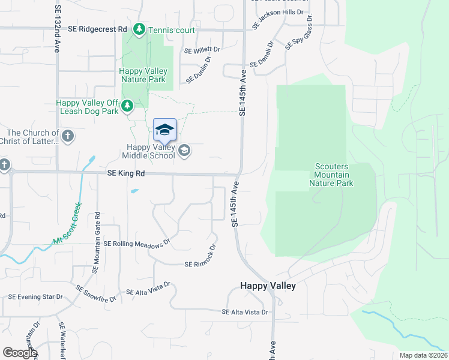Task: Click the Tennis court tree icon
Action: point(139,29)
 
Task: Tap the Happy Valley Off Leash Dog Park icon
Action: point(127,106)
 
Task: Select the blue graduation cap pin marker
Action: point(164,130)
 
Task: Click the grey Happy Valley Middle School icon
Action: point(184,151)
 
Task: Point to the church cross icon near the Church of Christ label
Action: point(67,136)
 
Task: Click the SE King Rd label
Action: point(126,173)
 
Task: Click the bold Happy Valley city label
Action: point(268,286)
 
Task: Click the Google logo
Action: point(19,353)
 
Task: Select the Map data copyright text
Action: point(423,355)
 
